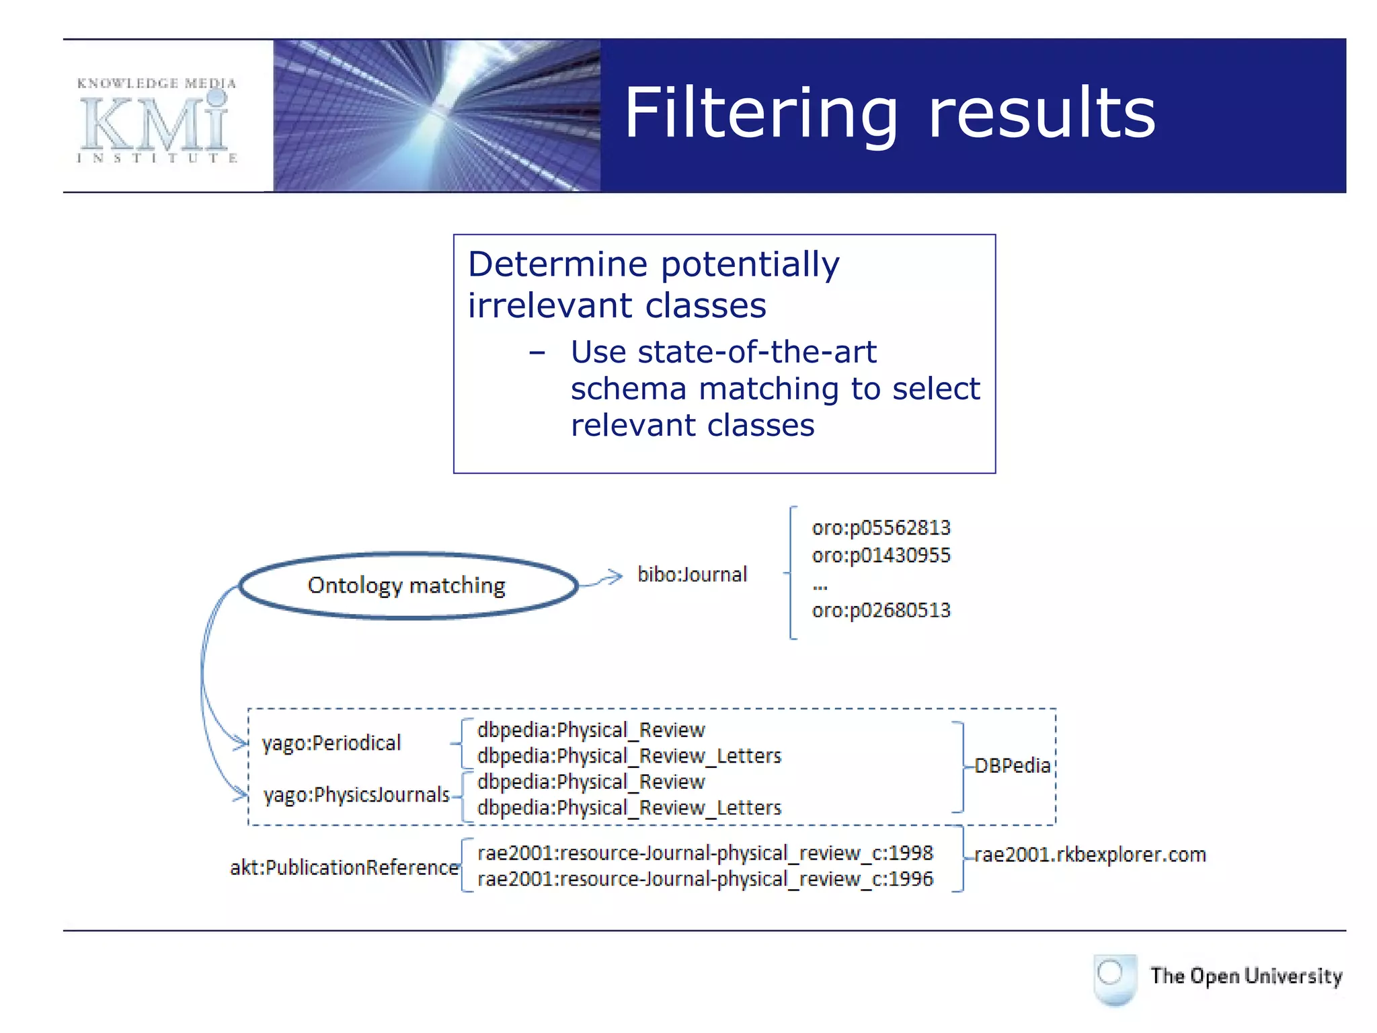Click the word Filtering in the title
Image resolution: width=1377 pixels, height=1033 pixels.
click(x=760, y=114)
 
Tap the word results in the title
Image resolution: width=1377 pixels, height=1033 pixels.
click(x=1041, y=114)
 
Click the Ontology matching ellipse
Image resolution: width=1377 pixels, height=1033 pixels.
click(x=407, y=586)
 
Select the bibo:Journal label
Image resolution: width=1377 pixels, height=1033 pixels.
click(x=692, y=574)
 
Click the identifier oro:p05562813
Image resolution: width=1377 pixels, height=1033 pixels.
click(x=881, y=528)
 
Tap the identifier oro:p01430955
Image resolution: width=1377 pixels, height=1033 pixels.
click(x=881, y=556)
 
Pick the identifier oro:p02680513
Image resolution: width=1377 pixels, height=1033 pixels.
click(x=881, y=611)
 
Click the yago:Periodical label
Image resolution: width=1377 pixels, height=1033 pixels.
click(x=331, y=743)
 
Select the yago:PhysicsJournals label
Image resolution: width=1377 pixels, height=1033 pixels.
click(x=356, y=795)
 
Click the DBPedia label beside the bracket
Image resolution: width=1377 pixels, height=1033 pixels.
click(x=1012, y=766)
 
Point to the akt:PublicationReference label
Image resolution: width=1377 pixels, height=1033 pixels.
click(x=344, y=868)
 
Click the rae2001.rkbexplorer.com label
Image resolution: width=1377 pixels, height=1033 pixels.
click(x=1090, y=855)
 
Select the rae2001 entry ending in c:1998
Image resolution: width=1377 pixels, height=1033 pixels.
click(x=705, y=853)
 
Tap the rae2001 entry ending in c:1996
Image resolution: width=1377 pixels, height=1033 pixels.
click(x=705, y=880)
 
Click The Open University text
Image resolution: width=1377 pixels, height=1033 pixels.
click(x=1245, y=976)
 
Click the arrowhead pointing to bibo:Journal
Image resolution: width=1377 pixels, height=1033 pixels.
click(x=615, y=577)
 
